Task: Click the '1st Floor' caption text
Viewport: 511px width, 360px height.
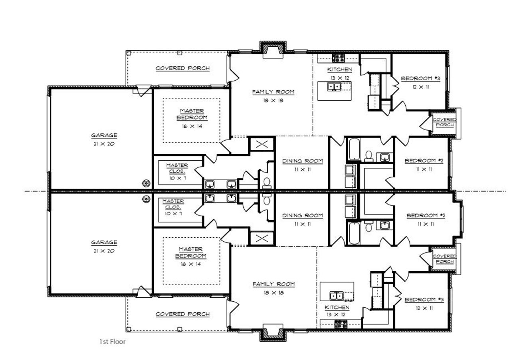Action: click(x=112, y=342)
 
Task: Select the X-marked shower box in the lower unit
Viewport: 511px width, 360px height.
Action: click(x=261, y=239)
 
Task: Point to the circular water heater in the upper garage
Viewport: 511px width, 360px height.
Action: click(x=147, y=183)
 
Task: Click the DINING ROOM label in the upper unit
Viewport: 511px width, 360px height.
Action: click(x=303, y=161)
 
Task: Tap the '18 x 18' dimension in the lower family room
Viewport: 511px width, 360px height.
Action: click(x=273, y=293)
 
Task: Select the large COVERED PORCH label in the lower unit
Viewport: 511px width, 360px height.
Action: click(x=182, y=314)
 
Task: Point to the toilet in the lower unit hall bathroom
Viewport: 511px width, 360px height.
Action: click(x=368, y=228)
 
